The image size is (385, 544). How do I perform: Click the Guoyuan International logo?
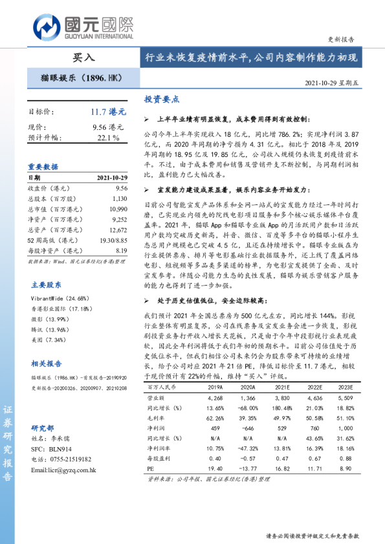click(x=83, y=26)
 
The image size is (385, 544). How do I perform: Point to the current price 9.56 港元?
click(x=107, y=127)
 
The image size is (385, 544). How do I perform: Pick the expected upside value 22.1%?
click(x=108, y=138)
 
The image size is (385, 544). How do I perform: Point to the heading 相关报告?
click(x=47, y=364)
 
